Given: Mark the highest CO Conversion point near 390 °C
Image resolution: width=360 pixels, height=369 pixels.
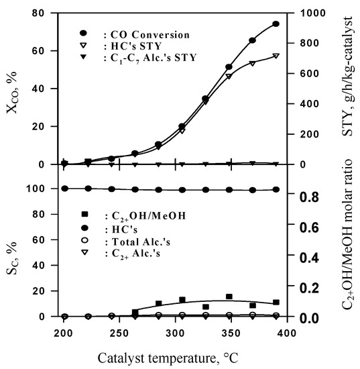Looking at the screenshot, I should (276, 24).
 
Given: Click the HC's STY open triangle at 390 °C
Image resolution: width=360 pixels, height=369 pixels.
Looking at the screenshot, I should (276, 56).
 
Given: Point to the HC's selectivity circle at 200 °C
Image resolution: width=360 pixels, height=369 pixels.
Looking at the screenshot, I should (64, 189).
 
